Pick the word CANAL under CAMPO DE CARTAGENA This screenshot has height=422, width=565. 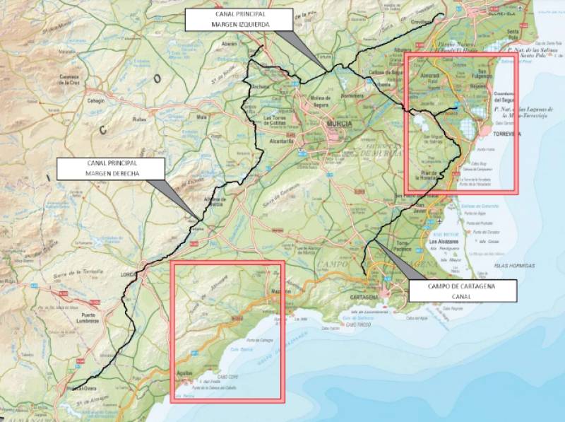click(462, 297)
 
